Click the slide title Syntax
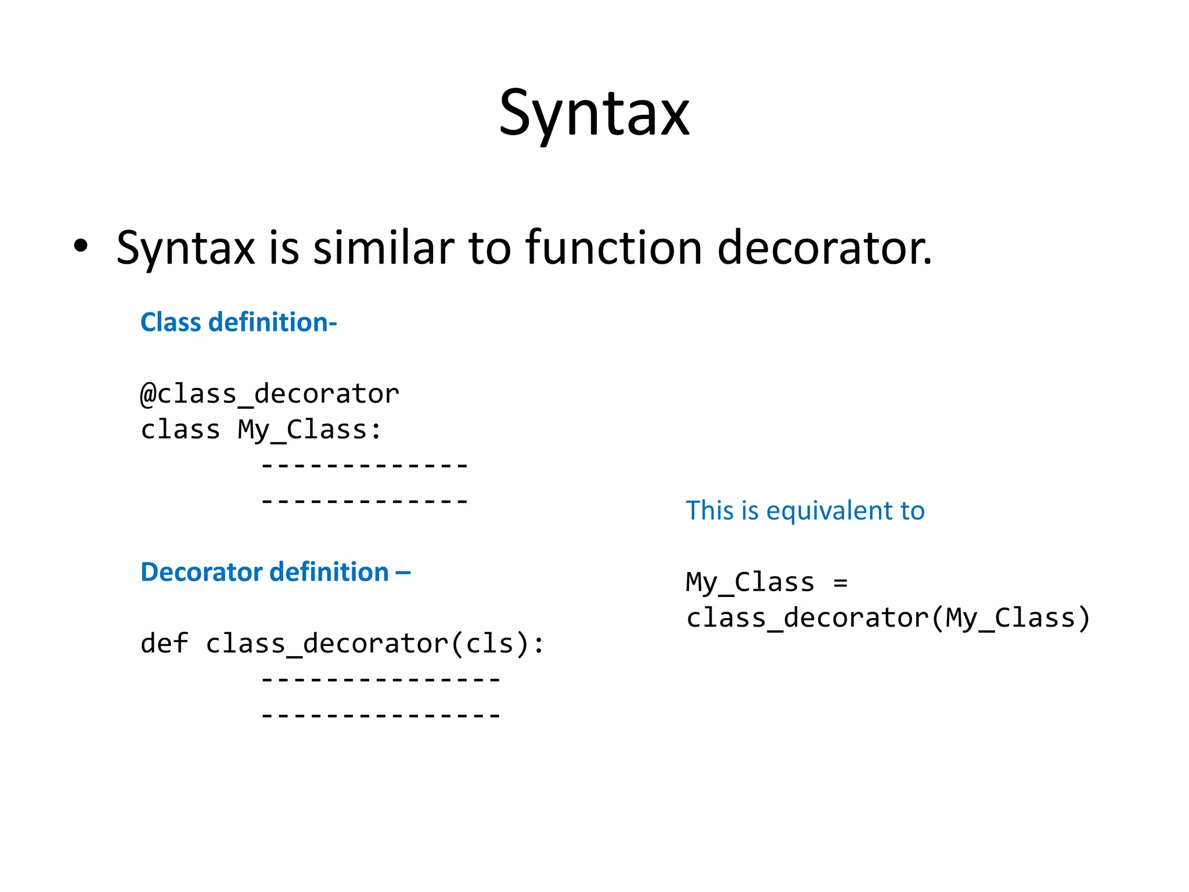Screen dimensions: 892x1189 tap(594, 113)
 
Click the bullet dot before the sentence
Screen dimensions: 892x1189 tap(81, 246)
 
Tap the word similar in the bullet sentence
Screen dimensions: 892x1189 tap(384, 248)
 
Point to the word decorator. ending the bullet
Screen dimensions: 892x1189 tap(824, 248)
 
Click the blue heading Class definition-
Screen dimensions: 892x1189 tap(239, 322)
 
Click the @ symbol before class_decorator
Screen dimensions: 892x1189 tap(148, 394)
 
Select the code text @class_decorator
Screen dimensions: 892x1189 tap(270, 394)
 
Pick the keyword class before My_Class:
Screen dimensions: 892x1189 tap(181, 430)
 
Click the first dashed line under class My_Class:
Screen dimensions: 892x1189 tap(365, 466)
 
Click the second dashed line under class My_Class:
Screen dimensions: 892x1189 tap(365, 501)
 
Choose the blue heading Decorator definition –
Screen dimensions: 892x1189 tap(275, 572)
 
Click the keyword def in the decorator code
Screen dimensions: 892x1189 tap(164, 643)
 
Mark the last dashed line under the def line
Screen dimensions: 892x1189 tap(381, 715)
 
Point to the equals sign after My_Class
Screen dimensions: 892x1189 tap(840, 582)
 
